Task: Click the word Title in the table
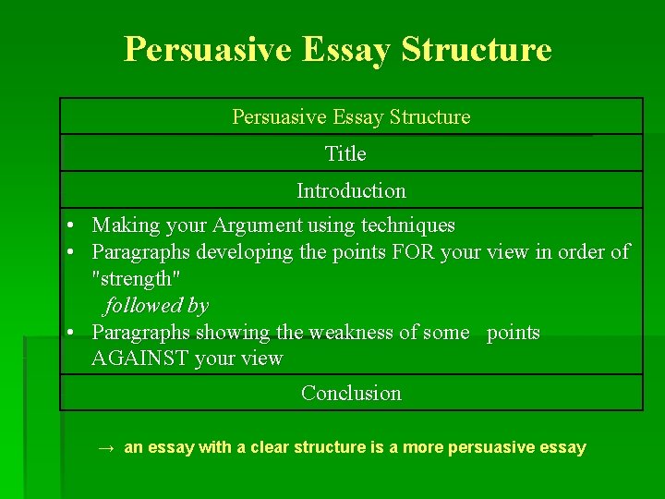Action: tap(345, 153)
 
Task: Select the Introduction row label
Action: tap(351, 190)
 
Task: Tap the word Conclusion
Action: tap(351, 393)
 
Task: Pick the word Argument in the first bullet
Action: tap(257, 225)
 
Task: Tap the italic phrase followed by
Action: tap(156, 305)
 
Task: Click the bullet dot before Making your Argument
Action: tap(70, 225)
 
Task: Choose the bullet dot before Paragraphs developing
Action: tap(70, 251)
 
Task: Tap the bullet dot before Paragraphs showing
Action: tap(70, 332)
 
